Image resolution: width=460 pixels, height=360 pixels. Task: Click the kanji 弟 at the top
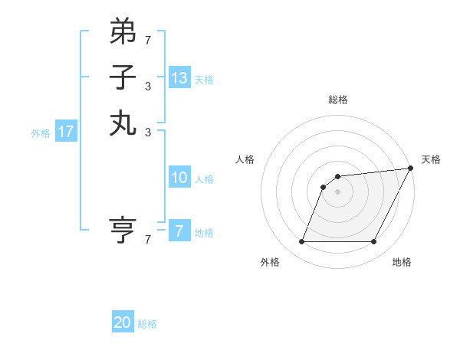point(123,31)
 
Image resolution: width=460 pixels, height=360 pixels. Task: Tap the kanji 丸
point(123,123)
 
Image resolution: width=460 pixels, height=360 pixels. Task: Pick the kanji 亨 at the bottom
point(123,231)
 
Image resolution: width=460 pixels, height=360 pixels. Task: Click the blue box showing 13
point(179,78)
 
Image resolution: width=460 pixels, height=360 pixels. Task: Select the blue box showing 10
point(179,178)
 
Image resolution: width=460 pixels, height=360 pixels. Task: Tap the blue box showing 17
point(66,132)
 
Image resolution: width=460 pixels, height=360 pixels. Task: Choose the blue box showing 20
point(123,322)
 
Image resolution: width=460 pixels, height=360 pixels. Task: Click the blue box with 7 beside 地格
point(179,231)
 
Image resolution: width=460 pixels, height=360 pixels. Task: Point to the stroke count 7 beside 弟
point(148,39)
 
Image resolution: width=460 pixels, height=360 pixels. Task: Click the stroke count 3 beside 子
point(148,86)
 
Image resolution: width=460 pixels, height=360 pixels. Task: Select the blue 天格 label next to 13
point(204,80)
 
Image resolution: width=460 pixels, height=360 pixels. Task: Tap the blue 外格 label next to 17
point(41,133)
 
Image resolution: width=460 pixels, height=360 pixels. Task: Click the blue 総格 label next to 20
point(147,324)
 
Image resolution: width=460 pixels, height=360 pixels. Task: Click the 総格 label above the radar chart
point(338,100)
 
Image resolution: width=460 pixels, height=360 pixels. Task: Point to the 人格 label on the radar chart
point(245,159)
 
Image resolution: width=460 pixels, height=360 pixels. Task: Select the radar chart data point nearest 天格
point(410,169)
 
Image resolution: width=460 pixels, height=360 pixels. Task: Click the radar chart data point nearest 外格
point(301,242)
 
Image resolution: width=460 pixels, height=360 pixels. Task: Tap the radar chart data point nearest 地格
point(374,242)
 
